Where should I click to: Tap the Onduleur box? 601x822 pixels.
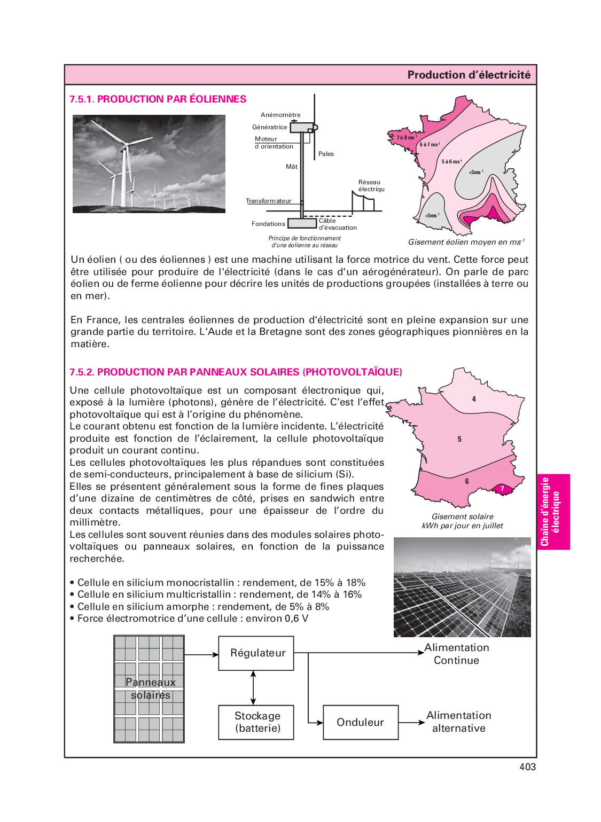361,722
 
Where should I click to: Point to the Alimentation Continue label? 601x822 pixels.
456,654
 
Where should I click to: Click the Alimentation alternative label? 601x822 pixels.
458,722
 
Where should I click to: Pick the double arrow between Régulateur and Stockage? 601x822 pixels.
253,688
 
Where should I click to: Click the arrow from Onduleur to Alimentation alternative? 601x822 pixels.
411,723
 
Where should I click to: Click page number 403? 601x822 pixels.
527,767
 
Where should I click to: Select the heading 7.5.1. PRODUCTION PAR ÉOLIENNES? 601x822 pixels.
158,99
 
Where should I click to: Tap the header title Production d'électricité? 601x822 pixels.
469,75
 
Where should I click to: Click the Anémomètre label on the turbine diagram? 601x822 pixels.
280,115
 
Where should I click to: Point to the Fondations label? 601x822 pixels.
268,224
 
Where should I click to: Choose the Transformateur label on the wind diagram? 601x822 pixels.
269,201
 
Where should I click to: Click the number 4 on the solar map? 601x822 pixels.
474,399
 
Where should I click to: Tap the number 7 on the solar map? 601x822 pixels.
502,489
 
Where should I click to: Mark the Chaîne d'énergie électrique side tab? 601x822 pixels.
552,512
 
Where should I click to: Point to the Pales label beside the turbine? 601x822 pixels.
326,154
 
